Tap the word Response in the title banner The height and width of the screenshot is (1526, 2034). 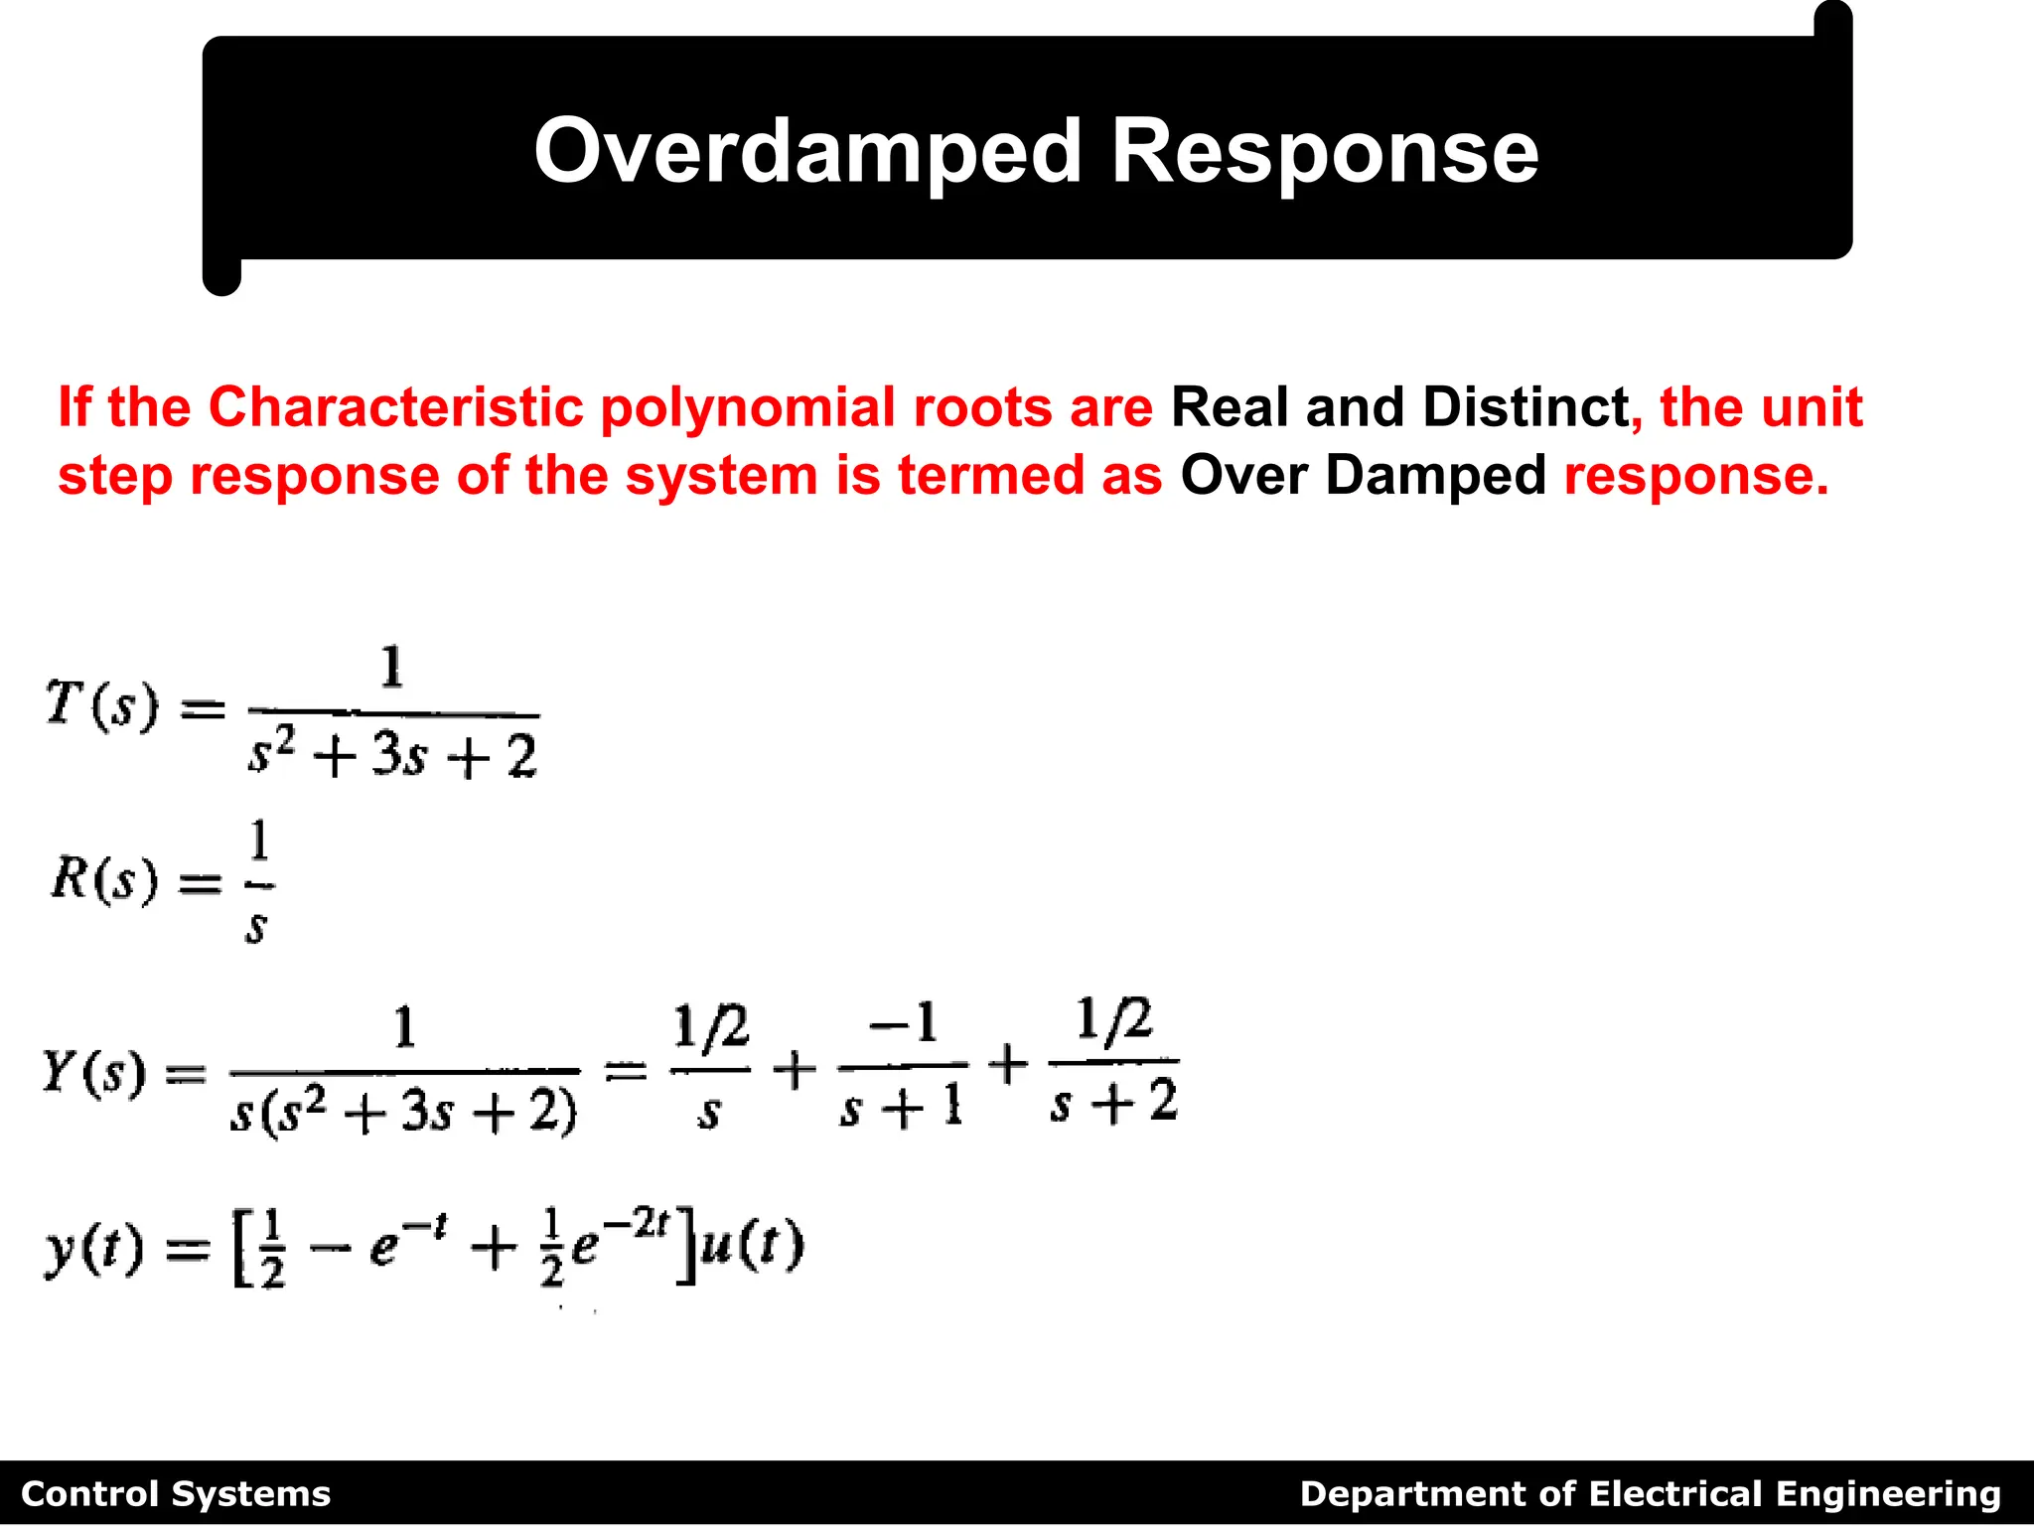1325,152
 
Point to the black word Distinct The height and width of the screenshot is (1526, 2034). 1525,407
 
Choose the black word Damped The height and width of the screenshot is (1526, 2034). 1435,475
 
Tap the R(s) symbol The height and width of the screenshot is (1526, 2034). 104,879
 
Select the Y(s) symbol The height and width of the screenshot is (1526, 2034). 94,1071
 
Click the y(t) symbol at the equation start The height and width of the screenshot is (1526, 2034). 94,1250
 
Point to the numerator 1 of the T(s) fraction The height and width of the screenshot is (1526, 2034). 392,668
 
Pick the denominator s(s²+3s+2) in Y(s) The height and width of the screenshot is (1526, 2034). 403,1111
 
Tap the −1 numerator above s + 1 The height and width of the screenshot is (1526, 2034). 903,1023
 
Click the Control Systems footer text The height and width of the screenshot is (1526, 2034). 176,1494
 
